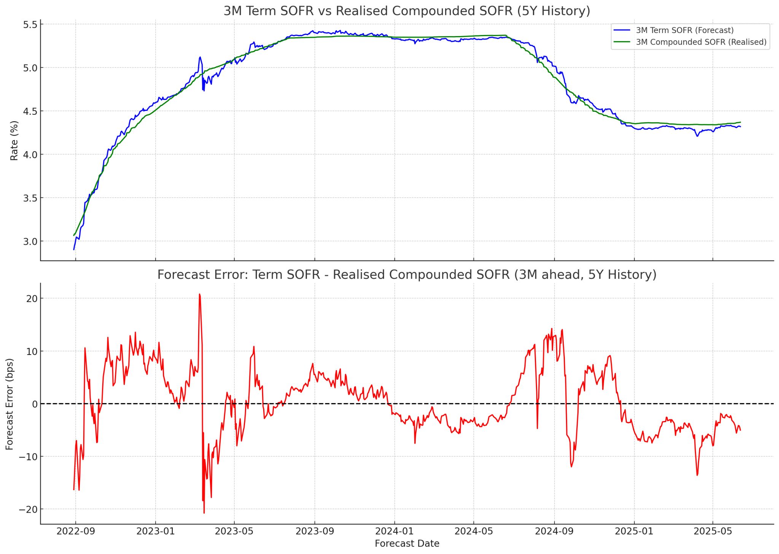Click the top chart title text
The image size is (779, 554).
coord(407,11)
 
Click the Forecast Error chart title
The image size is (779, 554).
coord(407,274)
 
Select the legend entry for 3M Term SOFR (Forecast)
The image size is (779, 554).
coord(684,30)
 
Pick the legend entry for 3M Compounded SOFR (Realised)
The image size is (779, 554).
coord(701,42)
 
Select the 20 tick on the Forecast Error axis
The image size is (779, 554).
coord(32,299)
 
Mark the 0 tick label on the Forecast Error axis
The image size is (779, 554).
coord(35,404)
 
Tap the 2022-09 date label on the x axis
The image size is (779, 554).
coord(75,531)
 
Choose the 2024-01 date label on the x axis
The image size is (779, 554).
coord(394,531)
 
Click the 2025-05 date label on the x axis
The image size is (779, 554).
coord(713,531)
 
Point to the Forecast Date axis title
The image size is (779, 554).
coord(407,544)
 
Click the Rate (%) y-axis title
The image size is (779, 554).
coord(14,141)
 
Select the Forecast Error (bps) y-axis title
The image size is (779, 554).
coord(10,404)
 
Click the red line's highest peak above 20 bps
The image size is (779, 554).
coord(199,294)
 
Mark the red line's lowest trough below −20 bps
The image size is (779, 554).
coord(204,513)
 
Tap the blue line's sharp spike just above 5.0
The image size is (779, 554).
coord(200,57)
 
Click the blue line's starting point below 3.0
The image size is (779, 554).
coord(74,249)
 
